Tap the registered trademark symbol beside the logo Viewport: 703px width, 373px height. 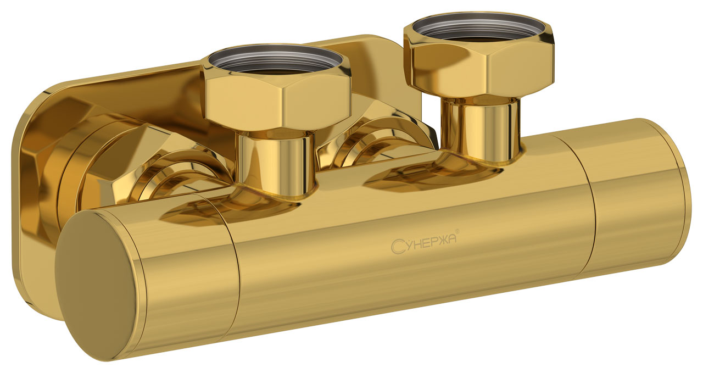[x=457, y=231]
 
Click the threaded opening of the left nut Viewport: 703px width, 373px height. [x=276, y=60]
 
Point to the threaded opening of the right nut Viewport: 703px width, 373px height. [x=478, y=27]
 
